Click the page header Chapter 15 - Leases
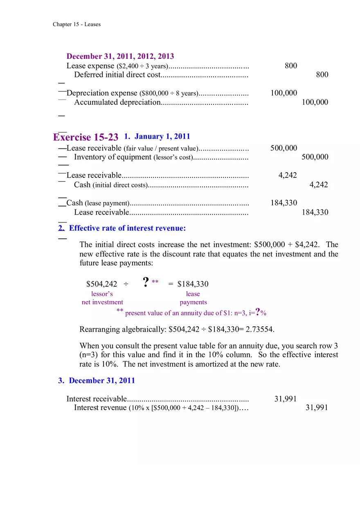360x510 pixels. (x=76, y=25)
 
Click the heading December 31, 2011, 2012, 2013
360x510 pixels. (x=120, y=56)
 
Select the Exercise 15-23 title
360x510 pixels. (x=85, y=137)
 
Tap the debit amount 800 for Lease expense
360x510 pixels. (x=291, y=66)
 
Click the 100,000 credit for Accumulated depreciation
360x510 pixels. (x=315, y=102)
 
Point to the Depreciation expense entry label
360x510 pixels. (x=102, y=93)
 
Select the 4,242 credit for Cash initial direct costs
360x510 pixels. (x=318, y=185)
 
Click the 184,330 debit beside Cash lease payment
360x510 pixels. (x=283, y=203)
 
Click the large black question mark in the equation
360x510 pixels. (x=146, y=282)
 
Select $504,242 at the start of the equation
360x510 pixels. (x=101, y=284)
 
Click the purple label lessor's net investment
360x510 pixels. (x=102, y=298)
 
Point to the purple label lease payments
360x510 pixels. (x=193, y=298)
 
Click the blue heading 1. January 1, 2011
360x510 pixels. (x=157, y=136)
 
